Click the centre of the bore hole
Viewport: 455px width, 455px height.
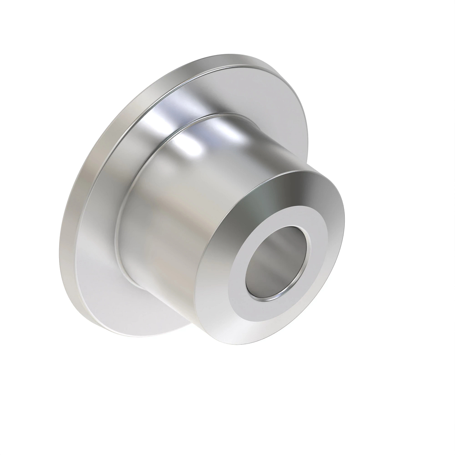pos(278,263)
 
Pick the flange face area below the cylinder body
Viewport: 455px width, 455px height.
pos(125,303)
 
